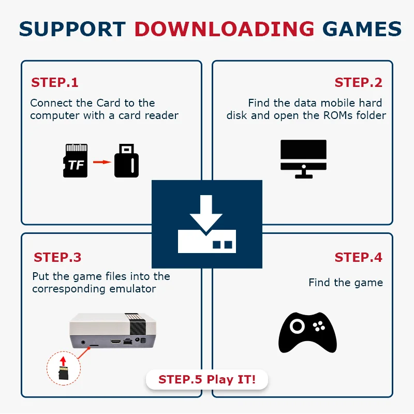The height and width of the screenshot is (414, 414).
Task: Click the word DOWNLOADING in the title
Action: click(x=225, y=29)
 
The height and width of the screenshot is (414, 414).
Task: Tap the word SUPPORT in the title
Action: click(x=72, y=29)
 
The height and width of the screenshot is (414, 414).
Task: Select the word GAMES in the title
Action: click(x=362, y=29)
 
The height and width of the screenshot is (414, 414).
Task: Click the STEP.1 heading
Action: click(x=55, y=82)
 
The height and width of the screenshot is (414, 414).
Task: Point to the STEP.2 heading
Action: click(x=358, y=82)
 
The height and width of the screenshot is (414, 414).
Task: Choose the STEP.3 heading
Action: click(x=57, y=257)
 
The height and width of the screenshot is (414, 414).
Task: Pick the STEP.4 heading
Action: click(x=358, y=257)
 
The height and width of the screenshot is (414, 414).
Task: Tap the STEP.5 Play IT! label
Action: click(x=207, y=379)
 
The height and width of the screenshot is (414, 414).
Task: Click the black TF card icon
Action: click(x=75, y=160)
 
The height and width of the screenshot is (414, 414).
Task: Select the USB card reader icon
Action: click(x=126, y=160)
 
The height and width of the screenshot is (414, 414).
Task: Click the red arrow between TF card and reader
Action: click(x=102, y=162)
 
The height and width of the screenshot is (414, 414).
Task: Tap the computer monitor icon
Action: click(x=303, y=159)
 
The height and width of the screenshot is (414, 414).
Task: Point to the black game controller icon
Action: click(x=307, y=333)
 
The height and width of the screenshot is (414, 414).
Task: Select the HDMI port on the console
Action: click(x=115, y=342)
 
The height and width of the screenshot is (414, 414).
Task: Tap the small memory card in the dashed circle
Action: click(x=63, y=373)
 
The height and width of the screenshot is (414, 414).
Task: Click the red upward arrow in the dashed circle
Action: click(x=63, y=361)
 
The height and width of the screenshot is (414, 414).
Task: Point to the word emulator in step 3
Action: click(x=132, y=289)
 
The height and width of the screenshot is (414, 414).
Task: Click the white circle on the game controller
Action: click(x=297, y=326)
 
